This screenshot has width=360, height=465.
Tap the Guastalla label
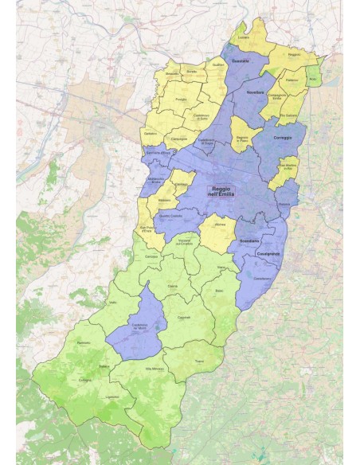(240, 61)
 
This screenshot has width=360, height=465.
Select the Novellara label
(255, 92)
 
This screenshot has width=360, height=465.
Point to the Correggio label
(283, 137)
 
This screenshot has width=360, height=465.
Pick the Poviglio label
(181, 99)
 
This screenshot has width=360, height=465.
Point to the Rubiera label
(284, 205)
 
